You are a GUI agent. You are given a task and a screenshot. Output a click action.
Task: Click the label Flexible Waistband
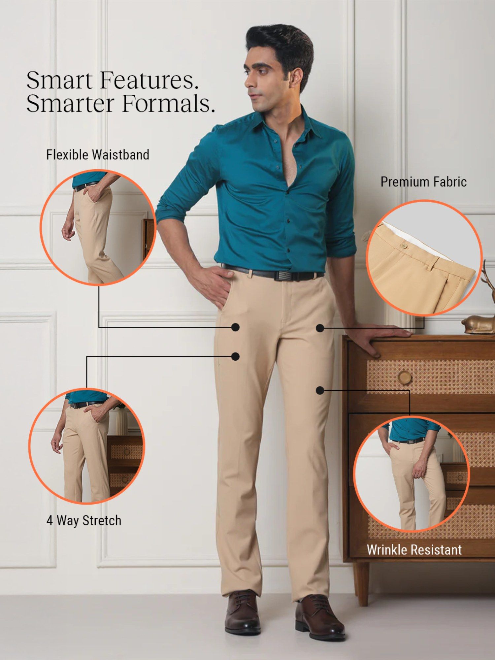[98, 154]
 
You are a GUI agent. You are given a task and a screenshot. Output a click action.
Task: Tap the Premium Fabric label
[424, 182]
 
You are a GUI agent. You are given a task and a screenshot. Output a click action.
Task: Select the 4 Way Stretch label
[84, 520]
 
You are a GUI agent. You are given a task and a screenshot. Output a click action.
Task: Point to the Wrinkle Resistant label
[414, 550]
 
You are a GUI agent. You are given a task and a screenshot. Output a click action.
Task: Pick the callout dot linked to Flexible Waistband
[235, 327]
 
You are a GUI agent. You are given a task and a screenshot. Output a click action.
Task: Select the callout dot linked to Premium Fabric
[320, 328]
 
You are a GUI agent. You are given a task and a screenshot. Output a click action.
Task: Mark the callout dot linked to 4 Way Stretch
[235, 356]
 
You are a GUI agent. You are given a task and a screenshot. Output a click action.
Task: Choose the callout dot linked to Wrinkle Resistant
[319, 390]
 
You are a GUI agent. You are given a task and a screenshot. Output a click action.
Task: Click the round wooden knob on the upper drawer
[404, 377]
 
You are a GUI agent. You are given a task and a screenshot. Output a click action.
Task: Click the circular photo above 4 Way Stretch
[86, 446]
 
